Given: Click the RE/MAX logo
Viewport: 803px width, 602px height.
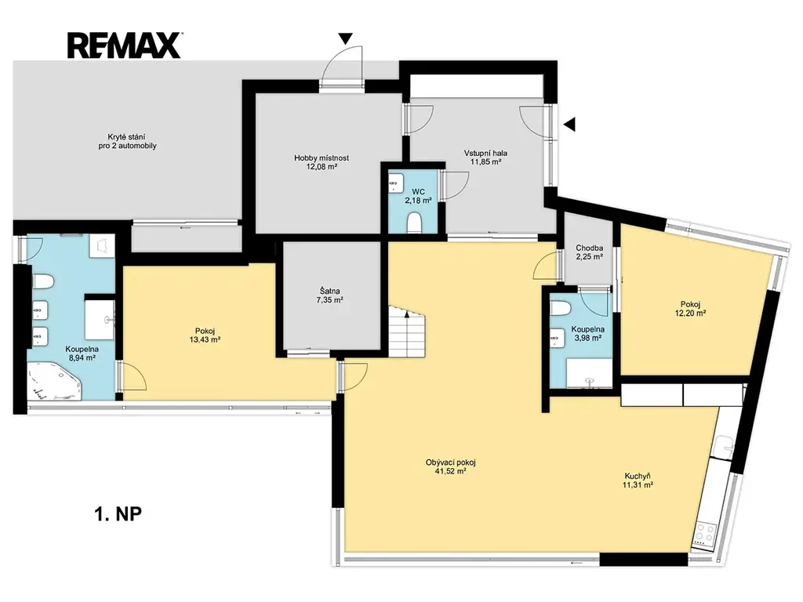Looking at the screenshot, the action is click(125, 45).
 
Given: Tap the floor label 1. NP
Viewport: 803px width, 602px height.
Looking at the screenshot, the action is click(118, 513).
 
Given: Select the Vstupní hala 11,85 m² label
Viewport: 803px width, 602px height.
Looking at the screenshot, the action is click(485, 157).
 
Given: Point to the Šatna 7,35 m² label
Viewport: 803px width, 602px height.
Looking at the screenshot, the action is click(329, 296).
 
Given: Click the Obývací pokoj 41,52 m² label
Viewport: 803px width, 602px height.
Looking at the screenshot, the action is click(451, 467).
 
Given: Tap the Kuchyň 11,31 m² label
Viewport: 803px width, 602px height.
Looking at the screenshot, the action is click(638, 481).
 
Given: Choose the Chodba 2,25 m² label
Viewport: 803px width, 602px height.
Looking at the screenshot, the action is click(589, 252).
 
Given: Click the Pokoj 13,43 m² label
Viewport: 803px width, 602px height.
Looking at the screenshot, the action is click(205, 335).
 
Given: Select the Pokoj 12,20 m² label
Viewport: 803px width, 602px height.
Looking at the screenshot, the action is click(691, 309).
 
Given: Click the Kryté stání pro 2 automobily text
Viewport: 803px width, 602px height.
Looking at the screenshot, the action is click(128, 141).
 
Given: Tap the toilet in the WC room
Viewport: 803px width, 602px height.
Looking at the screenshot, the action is click(414, 223).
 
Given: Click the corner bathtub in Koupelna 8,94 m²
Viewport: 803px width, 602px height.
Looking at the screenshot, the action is click(54, 382).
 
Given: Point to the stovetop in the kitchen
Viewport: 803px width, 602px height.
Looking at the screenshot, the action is click(704, 534).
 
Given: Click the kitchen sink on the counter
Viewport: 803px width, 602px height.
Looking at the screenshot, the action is click(725, 449).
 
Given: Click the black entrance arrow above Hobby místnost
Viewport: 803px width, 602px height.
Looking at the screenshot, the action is click(346, 38).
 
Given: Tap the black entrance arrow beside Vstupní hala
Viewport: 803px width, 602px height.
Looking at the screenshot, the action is click(570, 124).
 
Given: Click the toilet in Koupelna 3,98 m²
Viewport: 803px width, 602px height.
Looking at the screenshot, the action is click(561, 309).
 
